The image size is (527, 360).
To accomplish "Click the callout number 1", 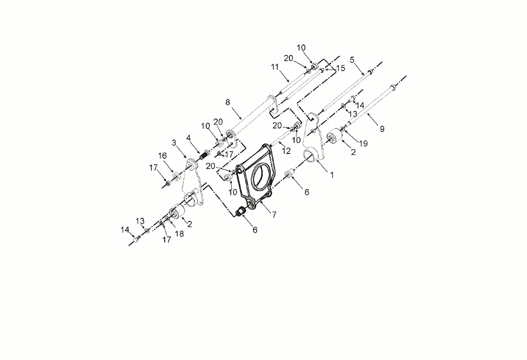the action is (332, 175).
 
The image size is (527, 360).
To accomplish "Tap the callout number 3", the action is (174, 143).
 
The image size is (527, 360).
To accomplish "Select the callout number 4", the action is (189, 137).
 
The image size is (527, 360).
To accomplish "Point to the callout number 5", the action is (352, 59).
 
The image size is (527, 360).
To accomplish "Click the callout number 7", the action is (274, 215).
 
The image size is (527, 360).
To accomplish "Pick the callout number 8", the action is (228, 103).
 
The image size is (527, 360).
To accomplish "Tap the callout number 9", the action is (382, 129).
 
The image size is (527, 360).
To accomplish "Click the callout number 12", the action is (287, 152).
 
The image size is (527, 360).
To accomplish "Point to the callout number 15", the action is (341, 68).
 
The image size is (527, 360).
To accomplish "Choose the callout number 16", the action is (162, 156).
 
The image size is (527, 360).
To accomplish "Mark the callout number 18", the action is (179, 234).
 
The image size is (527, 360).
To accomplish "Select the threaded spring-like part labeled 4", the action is (204, 155).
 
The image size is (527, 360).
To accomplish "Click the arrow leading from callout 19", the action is (351, 135).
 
